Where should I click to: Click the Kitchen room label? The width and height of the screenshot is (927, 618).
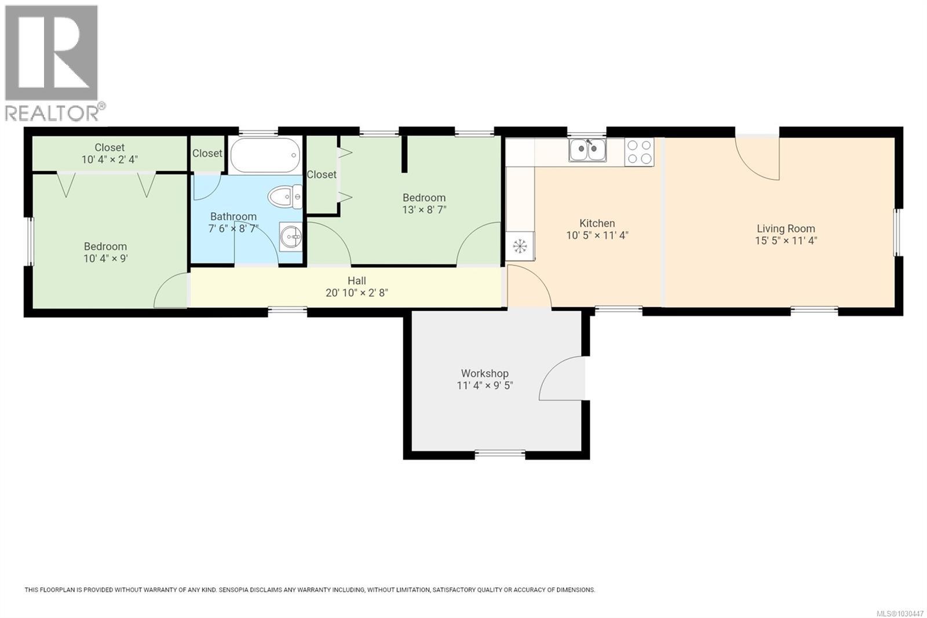pos(597,223)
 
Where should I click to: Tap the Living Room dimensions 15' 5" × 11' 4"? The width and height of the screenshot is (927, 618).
pos(786,241)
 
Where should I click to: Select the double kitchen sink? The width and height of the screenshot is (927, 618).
pos(587,150)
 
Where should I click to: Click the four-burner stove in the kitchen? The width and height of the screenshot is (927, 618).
pos(639,152)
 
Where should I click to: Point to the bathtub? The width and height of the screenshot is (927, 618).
pos(265,155)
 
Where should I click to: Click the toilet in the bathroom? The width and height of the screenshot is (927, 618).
pos(285,197)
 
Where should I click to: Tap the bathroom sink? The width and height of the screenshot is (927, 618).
pos(291,237)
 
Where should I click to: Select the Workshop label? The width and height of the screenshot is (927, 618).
pos(484,373)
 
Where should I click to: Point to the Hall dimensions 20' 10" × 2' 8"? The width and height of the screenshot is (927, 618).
pos(356,293)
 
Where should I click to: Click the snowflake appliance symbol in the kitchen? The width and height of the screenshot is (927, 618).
pos(520,246)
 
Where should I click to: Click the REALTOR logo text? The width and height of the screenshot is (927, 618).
pos(52,113)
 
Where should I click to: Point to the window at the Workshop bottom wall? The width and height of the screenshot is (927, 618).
pos(500,453)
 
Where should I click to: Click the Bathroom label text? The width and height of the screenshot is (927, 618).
pos(233,216)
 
